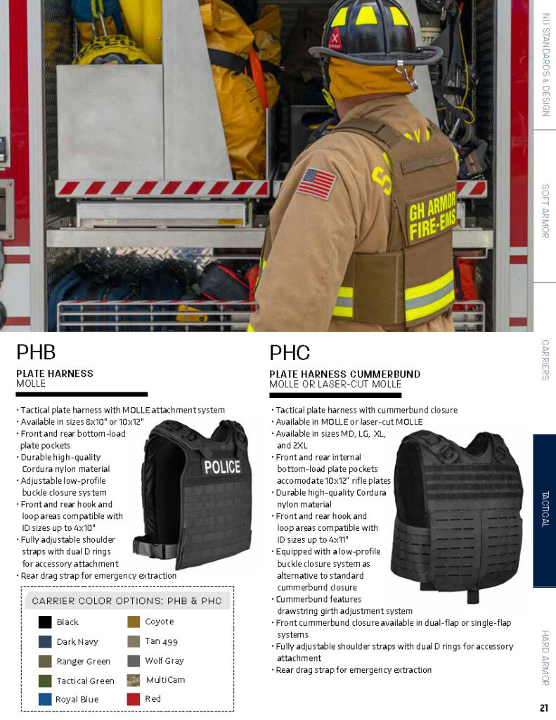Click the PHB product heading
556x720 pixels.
[x=36, y=352]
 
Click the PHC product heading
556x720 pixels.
[x=290, y=352]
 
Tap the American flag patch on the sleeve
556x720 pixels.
[x=316, y=183]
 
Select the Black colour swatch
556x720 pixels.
[x=45, y=622]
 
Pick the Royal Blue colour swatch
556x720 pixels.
[x=45, y=700]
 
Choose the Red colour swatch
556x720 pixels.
[x=134, y=699]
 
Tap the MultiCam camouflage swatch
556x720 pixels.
[x=134, y=680]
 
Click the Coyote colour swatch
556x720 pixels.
[x=134, y=622]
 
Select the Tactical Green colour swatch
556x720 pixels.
[x=45, y=681]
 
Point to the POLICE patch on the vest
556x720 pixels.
[x=222, y=467]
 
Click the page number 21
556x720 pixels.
[x=544, y=707]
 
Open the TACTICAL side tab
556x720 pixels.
[x=545, y=510]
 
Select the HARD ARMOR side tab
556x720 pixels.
[x=545, y=658]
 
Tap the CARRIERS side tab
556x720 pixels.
[x=545, y=360]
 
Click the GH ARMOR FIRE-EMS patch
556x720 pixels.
[x=432, y=216]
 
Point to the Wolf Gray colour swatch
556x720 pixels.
[x=134, y=661]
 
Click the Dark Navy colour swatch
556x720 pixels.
[x=45, y=641]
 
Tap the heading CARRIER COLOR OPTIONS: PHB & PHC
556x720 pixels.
[x=127, y=601]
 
